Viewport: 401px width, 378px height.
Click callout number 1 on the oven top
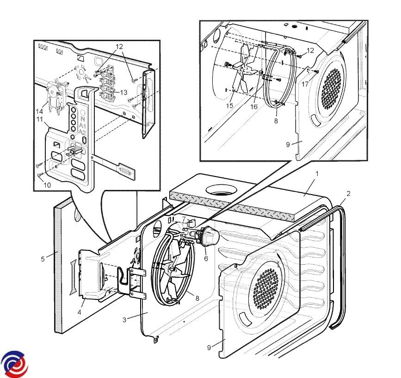317,174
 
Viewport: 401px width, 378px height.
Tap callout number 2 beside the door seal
348,194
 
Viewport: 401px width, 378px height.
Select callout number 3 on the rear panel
124,319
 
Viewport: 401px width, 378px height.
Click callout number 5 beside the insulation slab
43,259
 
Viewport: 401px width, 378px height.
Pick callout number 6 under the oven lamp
206,258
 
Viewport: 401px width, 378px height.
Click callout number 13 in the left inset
123,92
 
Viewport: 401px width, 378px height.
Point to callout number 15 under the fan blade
230,106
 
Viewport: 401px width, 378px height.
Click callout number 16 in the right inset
254,106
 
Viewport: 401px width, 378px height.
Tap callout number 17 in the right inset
305,85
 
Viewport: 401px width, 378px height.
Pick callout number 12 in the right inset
310,50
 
